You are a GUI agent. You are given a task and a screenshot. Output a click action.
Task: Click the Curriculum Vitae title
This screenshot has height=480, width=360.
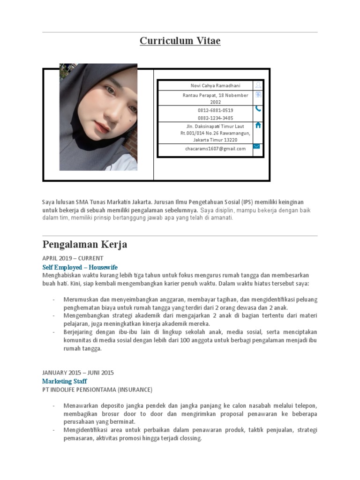(180, 41)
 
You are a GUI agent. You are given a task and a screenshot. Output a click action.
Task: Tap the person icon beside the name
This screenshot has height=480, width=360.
(257, 85)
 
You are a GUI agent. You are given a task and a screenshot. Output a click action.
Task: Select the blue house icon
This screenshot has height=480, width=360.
(257, 125)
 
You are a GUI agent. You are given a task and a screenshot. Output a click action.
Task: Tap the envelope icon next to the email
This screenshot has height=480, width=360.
(257, 146)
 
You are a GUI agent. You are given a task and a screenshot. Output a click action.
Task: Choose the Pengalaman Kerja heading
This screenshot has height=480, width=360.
(85, 245)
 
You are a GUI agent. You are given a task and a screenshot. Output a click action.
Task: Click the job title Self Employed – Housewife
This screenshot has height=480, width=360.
(80, 267)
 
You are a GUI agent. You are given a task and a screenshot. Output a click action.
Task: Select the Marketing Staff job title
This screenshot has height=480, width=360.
(64, 381)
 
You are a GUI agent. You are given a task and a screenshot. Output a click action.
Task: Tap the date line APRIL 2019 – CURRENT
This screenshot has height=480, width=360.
(73, 258)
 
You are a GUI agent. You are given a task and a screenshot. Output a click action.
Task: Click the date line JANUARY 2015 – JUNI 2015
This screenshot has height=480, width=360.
(78, 373)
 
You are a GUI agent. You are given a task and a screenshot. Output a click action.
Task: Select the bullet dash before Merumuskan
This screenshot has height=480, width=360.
(53, 300)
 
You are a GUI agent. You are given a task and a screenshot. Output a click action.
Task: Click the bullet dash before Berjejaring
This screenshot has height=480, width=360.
(53, 332)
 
